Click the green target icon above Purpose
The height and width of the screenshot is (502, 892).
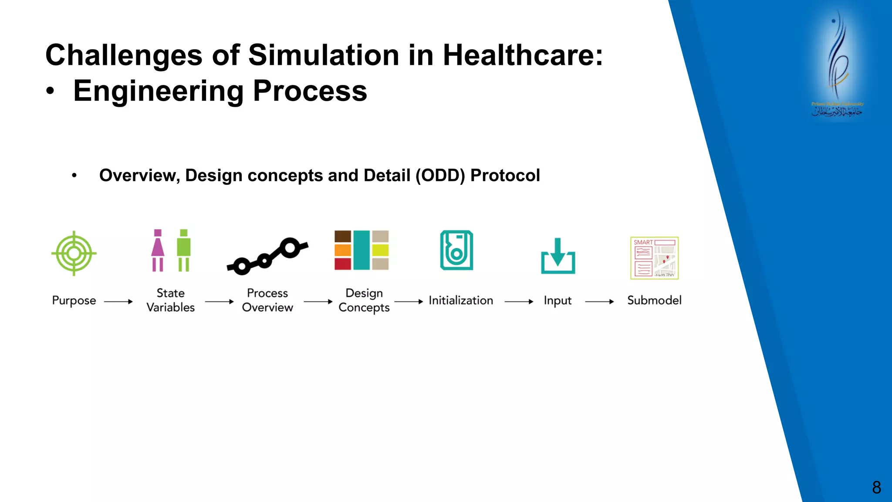click(74, 253)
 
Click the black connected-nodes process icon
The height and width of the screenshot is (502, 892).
click(267, 256)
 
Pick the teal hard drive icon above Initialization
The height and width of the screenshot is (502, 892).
click(456, 250)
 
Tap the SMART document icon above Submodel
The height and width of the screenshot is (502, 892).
click(654, 258)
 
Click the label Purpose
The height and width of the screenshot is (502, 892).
click(74, 301)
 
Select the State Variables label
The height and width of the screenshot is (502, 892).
click(171, 300)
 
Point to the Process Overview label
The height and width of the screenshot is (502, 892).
click(267, 300)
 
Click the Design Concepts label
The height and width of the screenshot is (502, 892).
click(364, 300)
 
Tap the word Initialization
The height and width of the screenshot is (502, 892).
click(461, 301)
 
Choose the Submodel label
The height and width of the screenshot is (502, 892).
click(654, 301)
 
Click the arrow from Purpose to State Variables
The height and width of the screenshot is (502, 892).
click(118, 302)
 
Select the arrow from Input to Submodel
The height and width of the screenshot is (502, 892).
click(599, 302)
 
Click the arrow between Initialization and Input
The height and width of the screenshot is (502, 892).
click(519, 302)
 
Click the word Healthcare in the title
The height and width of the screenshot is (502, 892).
click(523, 55)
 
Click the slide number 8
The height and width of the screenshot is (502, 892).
click(876, 487)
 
